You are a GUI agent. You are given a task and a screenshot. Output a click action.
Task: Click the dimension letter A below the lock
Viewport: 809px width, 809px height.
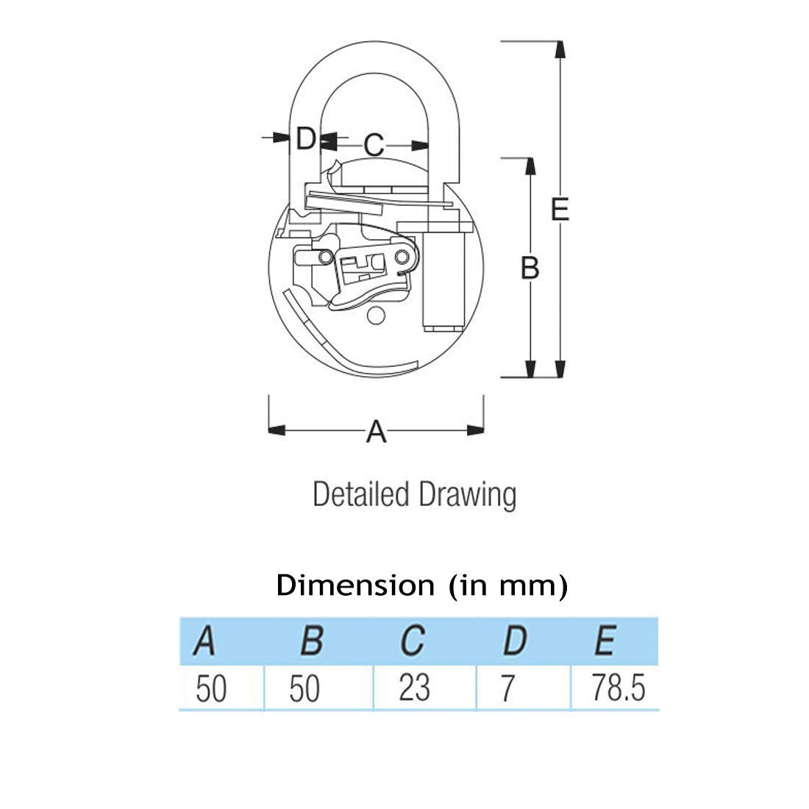[x=376, y=431]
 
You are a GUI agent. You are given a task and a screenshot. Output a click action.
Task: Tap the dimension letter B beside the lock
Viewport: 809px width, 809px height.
[x=530, y=268]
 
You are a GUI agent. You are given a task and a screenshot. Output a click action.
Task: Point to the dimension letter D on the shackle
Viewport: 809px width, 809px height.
[x=305, y=138]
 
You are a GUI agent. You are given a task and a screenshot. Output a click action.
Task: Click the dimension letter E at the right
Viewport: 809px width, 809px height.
[x=560, y=209]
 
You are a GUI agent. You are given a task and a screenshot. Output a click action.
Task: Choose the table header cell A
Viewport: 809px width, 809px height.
[x=205, y=641]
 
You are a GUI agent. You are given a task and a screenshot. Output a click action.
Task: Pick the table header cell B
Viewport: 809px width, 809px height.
[x=312, y=641]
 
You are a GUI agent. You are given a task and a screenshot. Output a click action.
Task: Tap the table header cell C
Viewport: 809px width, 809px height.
[x=413, y=641]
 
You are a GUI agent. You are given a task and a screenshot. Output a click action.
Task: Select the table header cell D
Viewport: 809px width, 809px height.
[x=515, y=641]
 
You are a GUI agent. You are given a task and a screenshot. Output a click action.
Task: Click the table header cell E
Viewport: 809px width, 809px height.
[x=605, y=641]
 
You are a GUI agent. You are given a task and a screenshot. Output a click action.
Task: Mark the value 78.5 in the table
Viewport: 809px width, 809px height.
[x=618, y=688]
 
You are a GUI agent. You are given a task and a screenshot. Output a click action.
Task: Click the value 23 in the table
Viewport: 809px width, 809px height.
[x=414, y=687]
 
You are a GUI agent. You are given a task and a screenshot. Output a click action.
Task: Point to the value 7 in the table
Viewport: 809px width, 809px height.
[x=508, y=688]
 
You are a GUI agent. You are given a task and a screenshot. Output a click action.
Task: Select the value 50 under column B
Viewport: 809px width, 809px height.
[x=304, y=688]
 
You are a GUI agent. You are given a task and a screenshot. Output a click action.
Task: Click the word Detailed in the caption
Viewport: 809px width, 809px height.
[x=361, y=494]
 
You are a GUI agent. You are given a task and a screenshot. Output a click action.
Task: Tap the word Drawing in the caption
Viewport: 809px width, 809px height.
[x=468, y=495]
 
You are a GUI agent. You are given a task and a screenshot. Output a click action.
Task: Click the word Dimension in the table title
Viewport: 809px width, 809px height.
[x=355, y=585]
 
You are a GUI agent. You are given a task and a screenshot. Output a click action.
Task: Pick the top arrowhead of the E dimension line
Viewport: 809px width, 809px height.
[x=560, y=49]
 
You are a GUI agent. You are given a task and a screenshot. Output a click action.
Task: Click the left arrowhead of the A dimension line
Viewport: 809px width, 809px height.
[x=277, y=430]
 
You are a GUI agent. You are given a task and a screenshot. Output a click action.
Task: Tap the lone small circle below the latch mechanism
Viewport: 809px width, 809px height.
[x=376, y=316]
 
